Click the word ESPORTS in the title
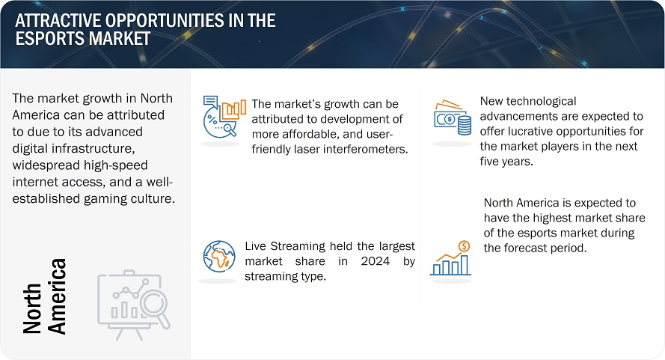click(50, 39)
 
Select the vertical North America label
click(45, 296)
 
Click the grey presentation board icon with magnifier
click(134, 305)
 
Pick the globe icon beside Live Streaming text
click(219, 257)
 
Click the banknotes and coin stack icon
click(453, 118)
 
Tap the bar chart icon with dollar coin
click(450, 258)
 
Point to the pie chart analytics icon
click(224, 116)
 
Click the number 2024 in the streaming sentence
click(376, 261)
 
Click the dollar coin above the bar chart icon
click(465, 245)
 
